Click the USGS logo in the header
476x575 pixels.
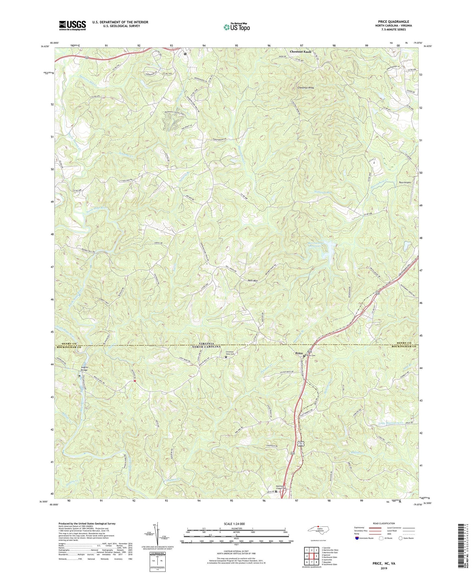72,25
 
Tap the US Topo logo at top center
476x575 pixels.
236,27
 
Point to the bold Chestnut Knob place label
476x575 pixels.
301,51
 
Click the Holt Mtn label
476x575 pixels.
253,281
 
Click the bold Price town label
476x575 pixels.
299,353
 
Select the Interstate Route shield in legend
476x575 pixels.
357,538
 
